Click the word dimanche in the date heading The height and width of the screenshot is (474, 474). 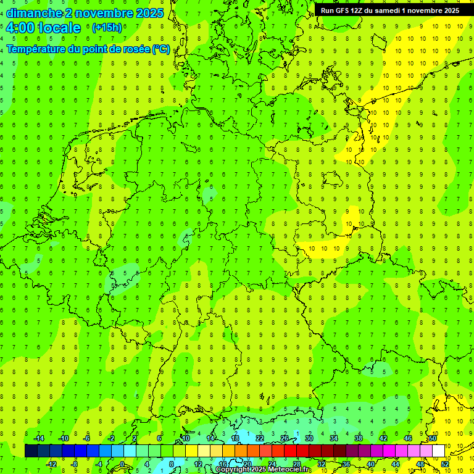(x=30, y=13)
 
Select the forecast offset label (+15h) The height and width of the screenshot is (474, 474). (x=107, y=28)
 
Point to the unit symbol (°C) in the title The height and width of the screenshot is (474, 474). (x=160, y=49)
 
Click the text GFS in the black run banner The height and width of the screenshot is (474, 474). (x=344, y=10)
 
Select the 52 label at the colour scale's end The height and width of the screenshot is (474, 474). (x=445, y=464)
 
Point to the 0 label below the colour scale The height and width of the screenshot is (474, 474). (x=122, y=464)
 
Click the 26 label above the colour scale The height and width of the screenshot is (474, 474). (x=285, y=438)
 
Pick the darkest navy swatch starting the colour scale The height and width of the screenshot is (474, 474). (x=31, y=451)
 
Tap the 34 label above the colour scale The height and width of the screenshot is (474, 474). (x=334, y=438)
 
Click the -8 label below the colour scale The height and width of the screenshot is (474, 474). (x=73, y=464)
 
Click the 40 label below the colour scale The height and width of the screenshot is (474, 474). (x=371, y=464)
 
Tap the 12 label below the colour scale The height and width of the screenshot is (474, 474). (x=198, y=464)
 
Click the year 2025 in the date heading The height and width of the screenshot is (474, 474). (x=149, y=13)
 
